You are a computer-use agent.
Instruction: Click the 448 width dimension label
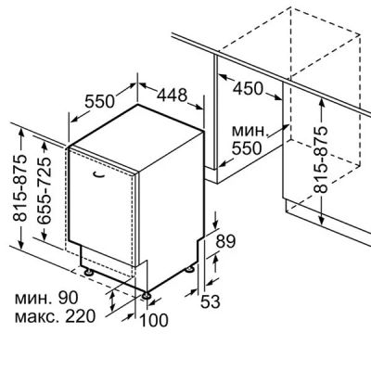pyautogui.click(x=172, y=95)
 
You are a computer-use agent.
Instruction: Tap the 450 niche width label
pyautogui.click(x=248, y=89)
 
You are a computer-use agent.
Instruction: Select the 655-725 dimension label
pyautogui.click(x=43, y=191)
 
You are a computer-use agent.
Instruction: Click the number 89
pyautogui.click(x=225, y=241)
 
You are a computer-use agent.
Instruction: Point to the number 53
pyautogui.click(x=211, y=301)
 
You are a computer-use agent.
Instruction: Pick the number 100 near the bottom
pyautogui.click(x=154, y=320)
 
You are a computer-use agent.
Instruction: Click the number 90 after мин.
pyautogui.click(x=68, y=298)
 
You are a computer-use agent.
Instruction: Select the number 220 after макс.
pyautogui.click(x=80, y=316)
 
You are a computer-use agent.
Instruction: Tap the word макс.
pyautogui.click(x=37, y=318)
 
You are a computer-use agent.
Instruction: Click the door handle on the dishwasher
pyautogui.click(x=97, y=175)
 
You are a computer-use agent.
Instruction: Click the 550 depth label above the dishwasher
pyautogui.click(x=99, y=101)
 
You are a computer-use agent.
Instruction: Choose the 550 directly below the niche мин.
pyautogui.click(x=247, y=148)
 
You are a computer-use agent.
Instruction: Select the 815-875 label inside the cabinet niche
pyautogui.click(x=321, y=160)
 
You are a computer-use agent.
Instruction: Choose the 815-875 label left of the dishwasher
pyautogui.click(x=19, y=187)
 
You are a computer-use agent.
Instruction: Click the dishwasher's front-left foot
pyautogui.click(x=89, y=273)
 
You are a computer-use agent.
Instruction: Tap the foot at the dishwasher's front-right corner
pyautogui.click(x=146, y=295)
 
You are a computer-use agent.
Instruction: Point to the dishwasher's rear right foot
pyautogui.click(x=189, y=270)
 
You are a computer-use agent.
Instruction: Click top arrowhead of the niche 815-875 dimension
pyautogui.click(x=322, y=100)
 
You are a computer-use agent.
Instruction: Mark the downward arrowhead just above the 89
pyautogui.click(x=216, y=225)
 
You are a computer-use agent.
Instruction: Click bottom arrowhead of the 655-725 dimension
pyautogui.click(x=45, y=236)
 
